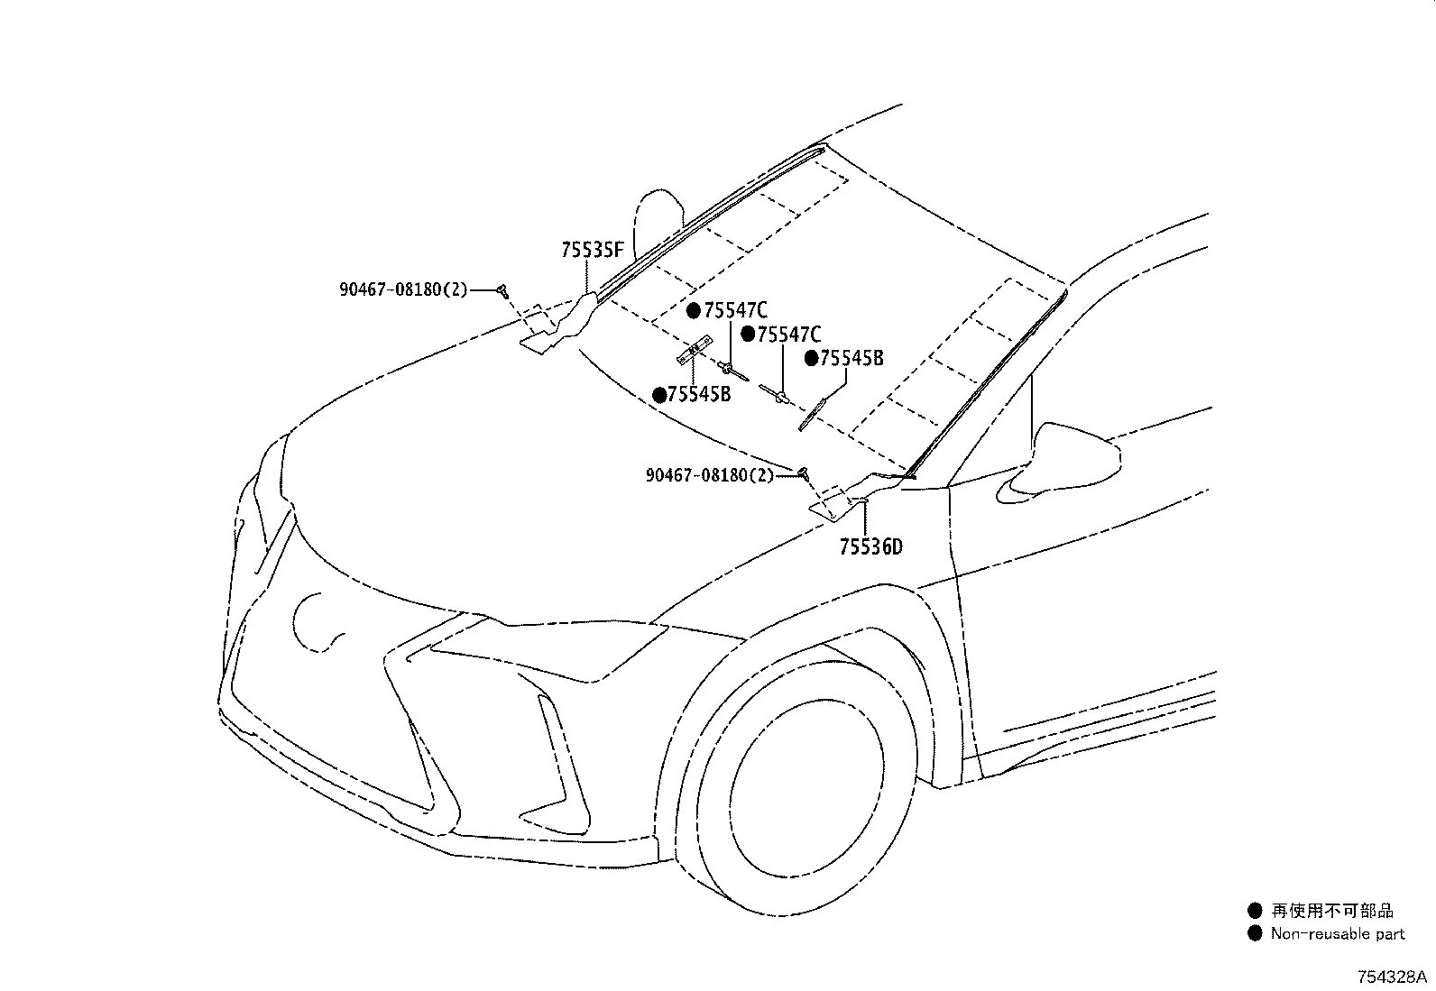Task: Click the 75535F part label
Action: (592, 250)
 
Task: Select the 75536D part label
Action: (870, 546)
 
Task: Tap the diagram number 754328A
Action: (1393, 977)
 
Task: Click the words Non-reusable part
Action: (1338, 934)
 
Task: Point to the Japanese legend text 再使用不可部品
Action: (1332, 910)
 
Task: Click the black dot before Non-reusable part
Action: (1255, 934)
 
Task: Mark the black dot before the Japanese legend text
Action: (1255, 910)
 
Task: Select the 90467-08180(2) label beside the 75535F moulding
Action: (403, 289)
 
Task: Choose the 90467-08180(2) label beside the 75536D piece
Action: (710, 475)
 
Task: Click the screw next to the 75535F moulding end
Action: (503, 291)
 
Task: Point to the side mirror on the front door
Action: (1058, 462)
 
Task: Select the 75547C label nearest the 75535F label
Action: (735, 311)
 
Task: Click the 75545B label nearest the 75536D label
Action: (851, 358)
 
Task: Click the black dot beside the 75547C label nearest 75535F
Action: (694, 311)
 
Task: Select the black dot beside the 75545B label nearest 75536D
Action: (812, 359)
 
